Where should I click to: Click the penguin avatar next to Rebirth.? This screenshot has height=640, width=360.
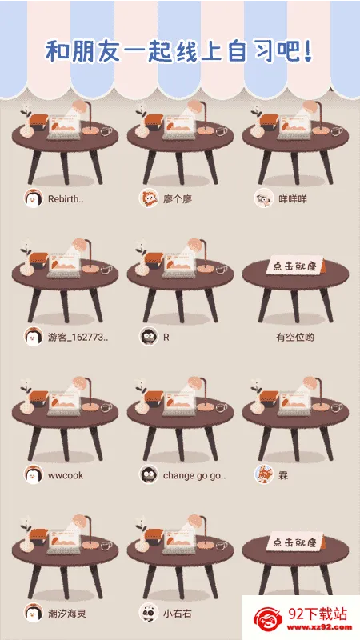pyautogui.click(x=33, y=198)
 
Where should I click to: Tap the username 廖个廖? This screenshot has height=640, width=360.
pyautogui.click(x=178, y=199)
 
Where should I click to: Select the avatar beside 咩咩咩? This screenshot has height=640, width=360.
pyautogui.click(x=264, y=198)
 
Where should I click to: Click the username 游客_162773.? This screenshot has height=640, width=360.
pyautogui.click(x=78, y=338)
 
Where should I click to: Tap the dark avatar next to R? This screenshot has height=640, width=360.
pyautogui.click(x=149, y=336)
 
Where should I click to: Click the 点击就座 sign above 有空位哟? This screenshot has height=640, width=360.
pyautogui.click(x=295, y=266)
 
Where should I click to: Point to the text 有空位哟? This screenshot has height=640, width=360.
pyautogui.click(x=294, y=338)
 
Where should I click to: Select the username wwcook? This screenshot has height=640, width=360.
pyautogui.click(x=66, y=475)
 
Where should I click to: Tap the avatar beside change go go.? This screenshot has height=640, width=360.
pyautogui.click(x=149, y=474)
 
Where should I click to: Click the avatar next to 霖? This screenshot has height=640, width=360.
pyautogui.click(x=264, y=474)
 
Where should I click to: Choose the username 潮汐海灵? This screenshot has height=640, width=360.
pyautogui.click(x=67, y=614)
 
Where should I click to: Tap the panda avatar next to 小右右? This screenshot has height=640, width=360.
pyautogui.click(x=149, y=613)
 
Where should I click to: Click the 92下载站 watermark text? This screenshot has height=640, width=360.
pyautogui.click(x=318, y=614)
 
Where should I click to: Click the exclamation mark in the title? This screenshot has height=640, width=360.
pyautogui.click(x=308, y=51)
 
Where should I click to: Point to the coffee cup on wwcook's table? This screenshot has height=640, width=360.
pyautogui.click(x=106, y=407)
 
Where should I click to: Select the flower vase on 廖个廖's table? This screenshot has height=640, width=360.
pyautogui.click(x=142, y=122)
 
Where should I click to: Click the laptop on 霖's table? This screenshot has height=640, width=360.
pyautogui.click(x=294, y=403)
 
